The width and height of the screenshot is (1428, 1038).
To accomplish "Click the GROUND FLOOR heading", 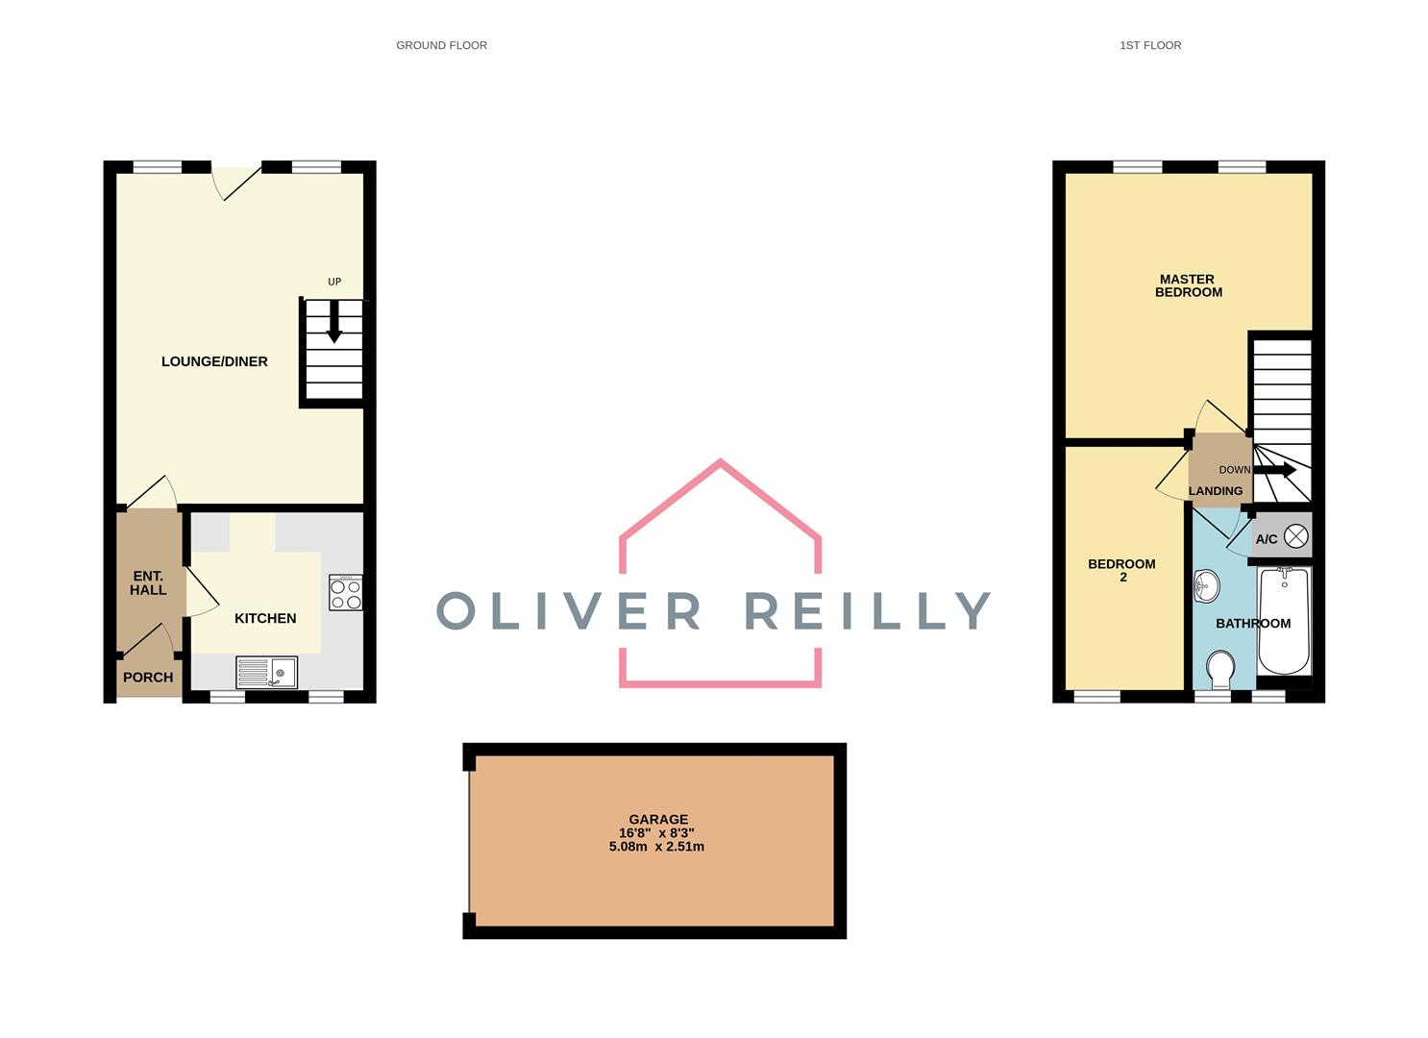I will (441, 45).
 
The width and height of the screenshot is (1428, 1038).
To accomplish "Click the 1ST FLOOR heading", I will (1149, 45).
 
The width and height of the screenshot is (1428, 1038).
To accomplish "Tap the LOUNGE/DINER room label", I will (214, 361).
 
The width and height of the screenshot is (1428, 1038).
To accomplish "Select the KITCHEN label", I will (265, 618).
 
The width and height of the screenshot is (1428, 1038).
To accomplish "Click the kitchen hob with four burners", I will (345, 593).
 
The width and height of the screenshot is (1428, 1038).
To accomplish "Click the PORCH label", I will (148, 678).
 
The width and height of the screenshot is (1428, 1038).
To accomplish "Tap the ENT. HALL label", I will (148, 583).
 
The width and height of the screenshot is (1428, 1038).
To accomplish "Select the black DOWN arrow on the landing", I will (1274, 470).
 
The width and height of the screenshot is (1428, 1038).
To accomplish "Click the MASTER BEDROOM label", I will (1188, 285).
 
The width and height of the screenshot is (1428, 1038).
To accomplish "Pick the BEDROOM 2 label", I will (1121, 571).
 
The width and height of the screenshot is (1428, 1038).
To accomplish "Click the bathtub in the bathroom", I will (1284, 620).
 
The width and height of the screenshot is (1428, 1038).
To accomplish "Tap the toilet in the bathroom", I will (1219, 670).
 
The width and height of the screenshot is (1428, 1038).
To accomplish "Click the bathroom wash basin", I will (1207, 584).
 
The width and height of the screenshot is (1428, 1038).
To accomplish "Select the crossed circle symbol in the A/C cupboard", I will (1295, 537).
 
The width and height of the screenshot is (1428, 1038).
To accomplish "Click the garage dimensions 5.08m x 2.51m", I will (656, 847).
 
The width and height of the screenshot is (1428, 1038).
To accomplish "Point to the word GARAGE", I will (658, 819).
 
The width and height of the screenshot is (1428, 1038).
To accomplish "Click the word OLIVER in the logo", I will (569, 611).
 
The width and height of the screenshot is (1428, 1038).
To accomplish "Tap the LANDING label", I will (1215, 491).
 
